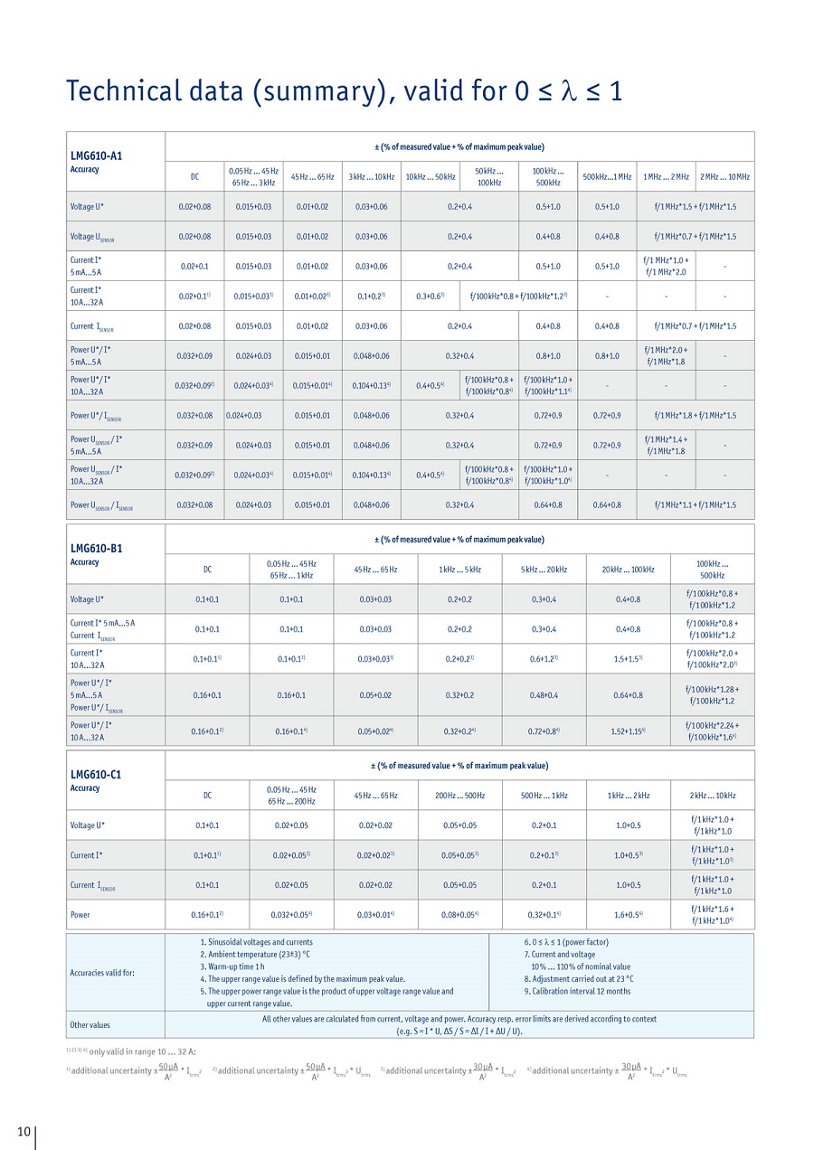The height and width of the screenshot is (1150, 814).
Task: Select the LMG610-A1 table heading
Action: pyautogui.click(x=96, y=155)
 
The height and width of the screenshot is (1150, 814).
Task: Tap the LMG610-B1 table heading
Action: pyautogui.click(x=96, y=548)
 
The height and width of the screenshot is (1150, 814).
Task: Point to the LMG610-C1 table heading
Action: pyautogui.click(x=96, y=774)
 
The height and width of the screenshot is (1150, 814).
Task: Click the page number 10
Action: pyautogui.click(x=24, y=1132)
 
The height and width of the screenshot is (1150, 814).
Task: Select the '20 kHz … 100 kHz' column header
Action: pyautogui.click(x=628, y=569)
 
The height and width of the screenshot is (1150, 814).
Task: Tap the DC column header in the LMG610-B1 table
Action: pyautogui.click(x=207, y=569)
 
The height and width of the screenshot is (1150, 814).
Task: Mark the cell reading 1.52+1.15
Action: pyautogui.click(x=628, y=731)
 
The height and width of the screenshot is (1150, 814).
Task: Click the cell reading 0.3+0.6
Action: pyautogui.click(x=430, y=296)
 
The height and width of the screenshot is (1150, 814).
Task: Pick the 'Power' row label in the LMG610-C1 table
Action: pyautogui.click(x=80, y=914)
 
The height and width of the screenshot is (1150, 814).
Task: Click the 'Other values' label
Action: pyautogui.click(x=90, y=1024)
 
